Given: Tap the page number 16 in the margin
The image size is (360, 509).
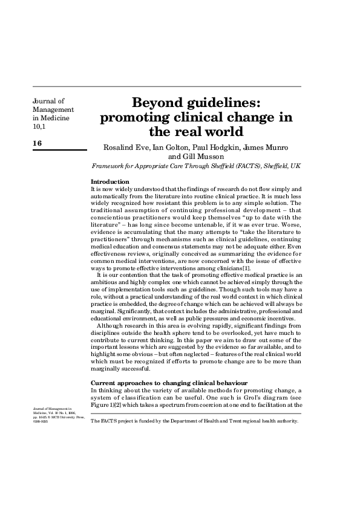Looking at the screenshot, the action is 38,143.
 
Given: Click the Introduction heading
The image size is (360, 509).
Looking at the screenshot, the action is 110,182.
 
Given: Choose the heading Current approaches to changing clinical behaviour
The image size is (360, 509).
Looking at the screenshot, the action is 169,383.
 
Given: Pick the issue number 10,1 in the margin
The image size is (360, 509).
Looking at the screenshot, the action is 38,127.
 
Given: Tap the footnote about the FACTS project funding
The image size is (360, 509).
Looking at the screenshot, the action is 194,421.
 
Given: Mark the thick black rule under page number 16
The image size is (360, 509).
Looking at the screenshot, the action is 59,150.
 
